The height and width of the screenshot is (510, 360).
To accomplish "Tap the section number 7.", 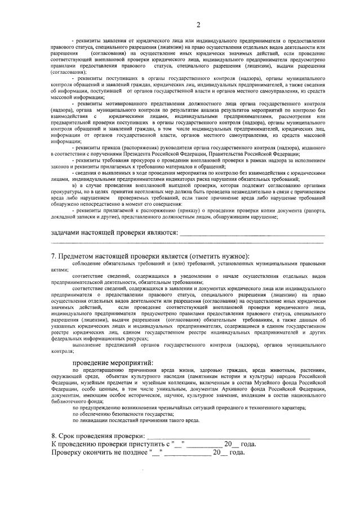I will [x=54, y=256].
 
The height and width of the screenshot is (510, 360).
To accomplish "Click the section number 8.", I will [x=54, y=436].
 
